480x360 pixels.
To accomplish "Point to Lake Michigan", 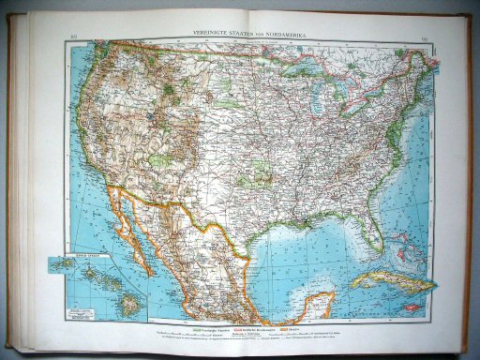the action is (x=309, y=95).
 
